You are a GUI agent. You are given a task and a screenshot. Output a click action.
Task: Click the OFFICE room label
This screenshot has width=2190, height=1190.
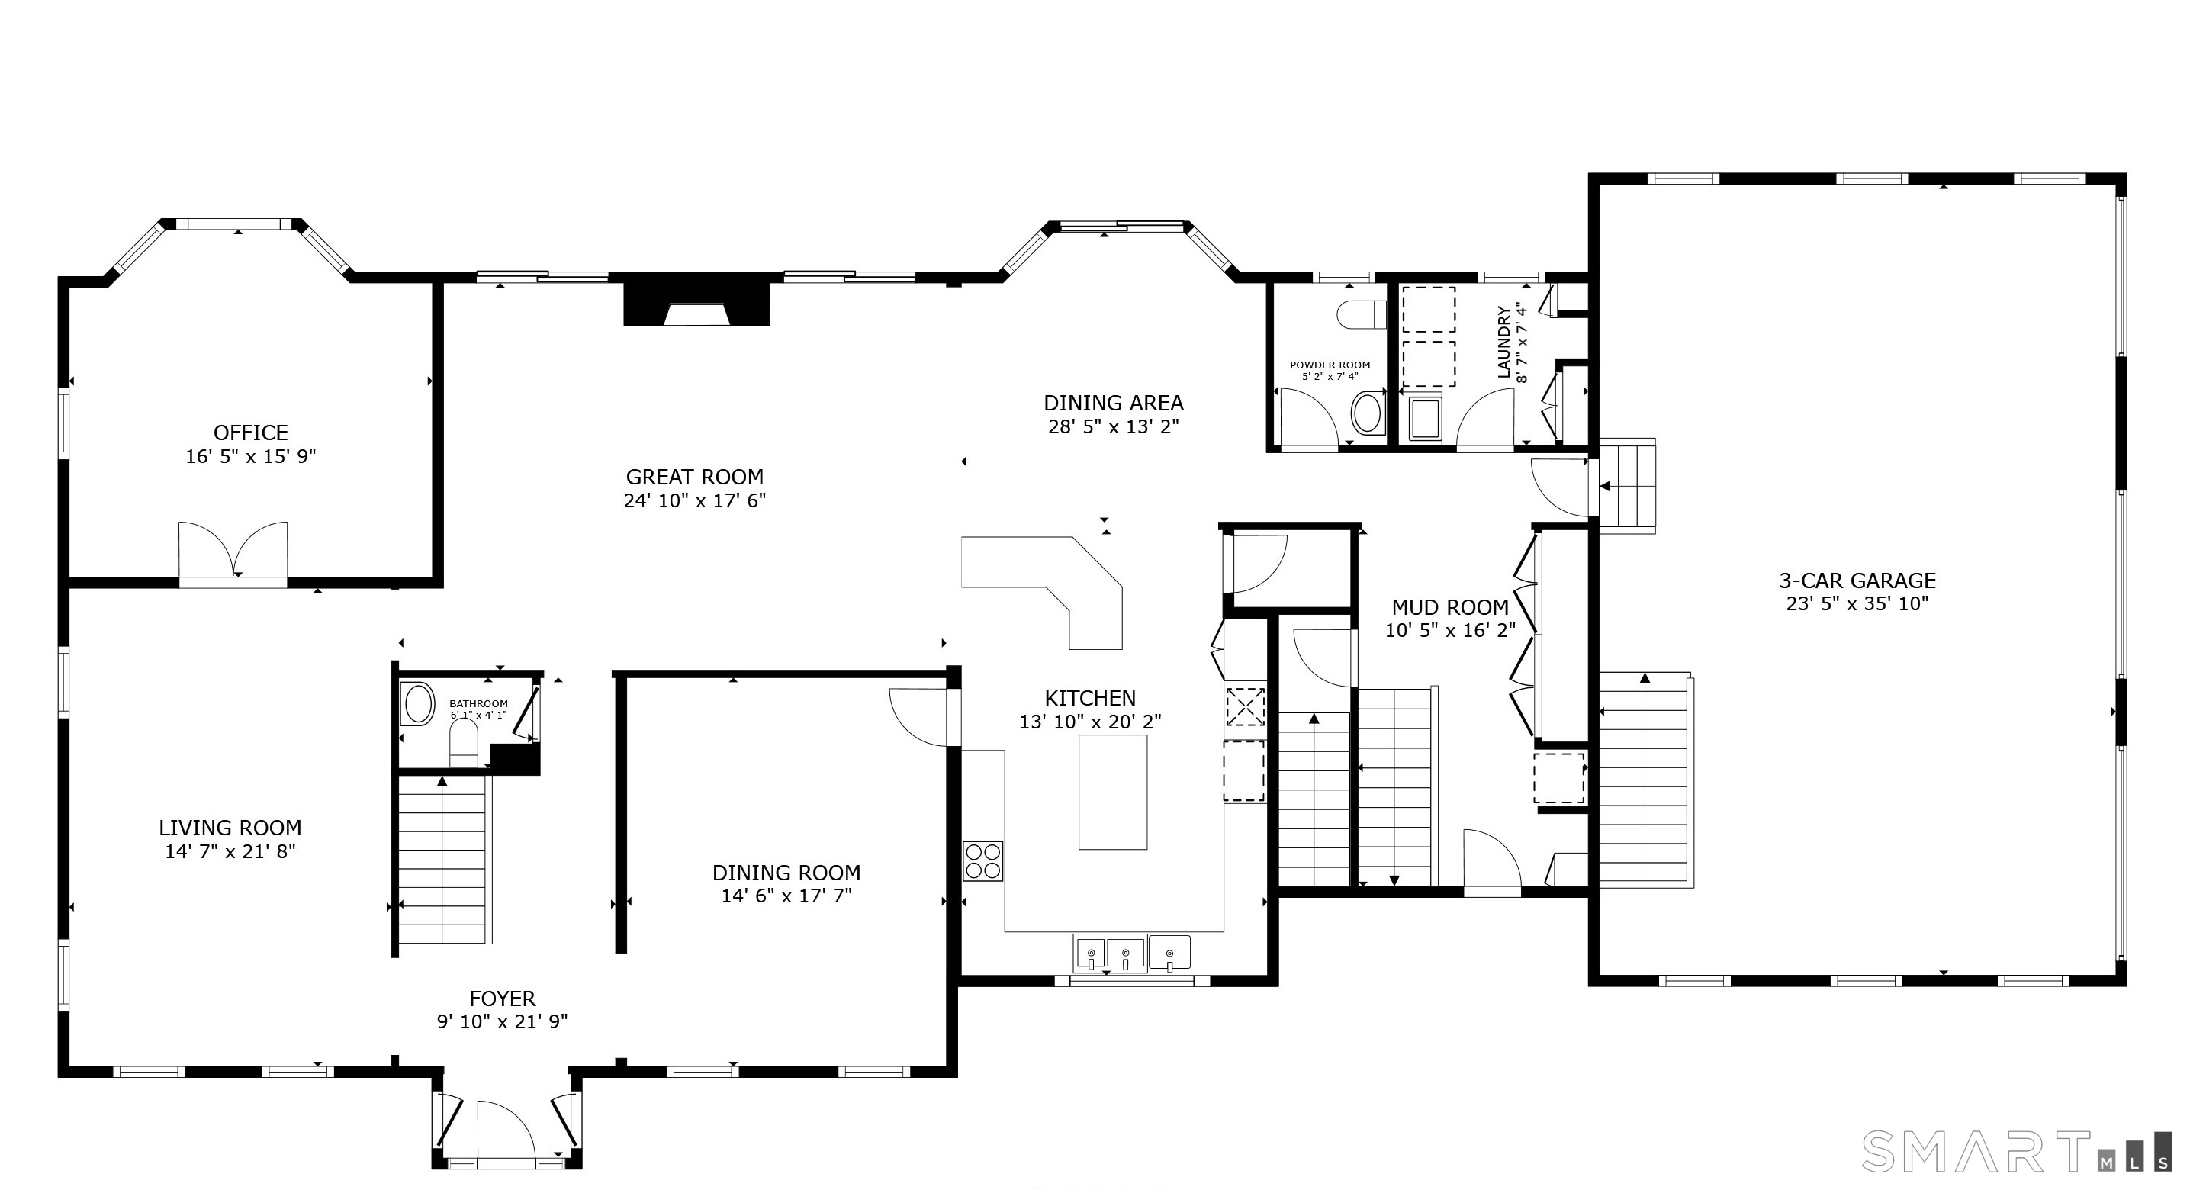[251, 433]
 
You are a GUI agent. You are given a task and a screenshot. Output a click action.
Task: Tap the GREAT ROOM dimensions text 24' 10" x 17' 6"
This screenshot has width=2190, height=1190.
[695, 500]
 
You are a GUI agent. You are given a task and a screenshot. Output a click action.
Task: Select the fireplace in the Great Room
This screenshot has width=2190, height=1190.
[696, 304]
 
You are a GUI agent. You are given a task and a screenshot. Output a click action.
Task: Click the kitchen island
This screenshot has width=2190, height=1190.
[1113, 793]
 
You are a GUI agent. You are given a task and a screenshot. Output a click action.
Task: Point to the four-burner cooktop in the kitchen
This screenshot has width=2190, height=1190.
[982, 860]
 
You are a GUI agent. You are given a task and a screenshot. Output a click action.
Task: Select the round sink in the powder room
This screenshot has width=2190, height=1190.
[1367, 413]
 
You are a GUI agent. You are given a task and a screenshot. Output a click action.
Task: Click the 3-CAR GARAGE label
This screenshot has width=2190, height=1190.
[1857, 581]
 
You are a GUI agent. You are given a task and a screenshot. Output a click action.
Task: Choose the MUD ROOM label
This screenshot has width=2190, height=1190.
[1450, 608]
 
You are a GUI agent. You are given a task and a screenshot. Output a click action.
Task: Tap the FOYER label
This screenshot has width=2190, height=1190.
[503, 999]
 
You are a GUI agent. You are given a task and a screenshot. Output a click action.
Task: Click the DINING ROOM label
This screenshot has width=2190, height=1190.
[786, 873]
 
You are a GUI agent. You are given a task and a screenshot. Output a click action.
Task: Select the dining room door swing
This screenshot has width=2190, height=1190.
[919, 716]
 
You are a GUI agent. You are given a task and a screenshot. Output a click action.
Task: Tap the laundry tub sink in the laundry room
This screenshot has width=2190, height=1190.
[1426, 418]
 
